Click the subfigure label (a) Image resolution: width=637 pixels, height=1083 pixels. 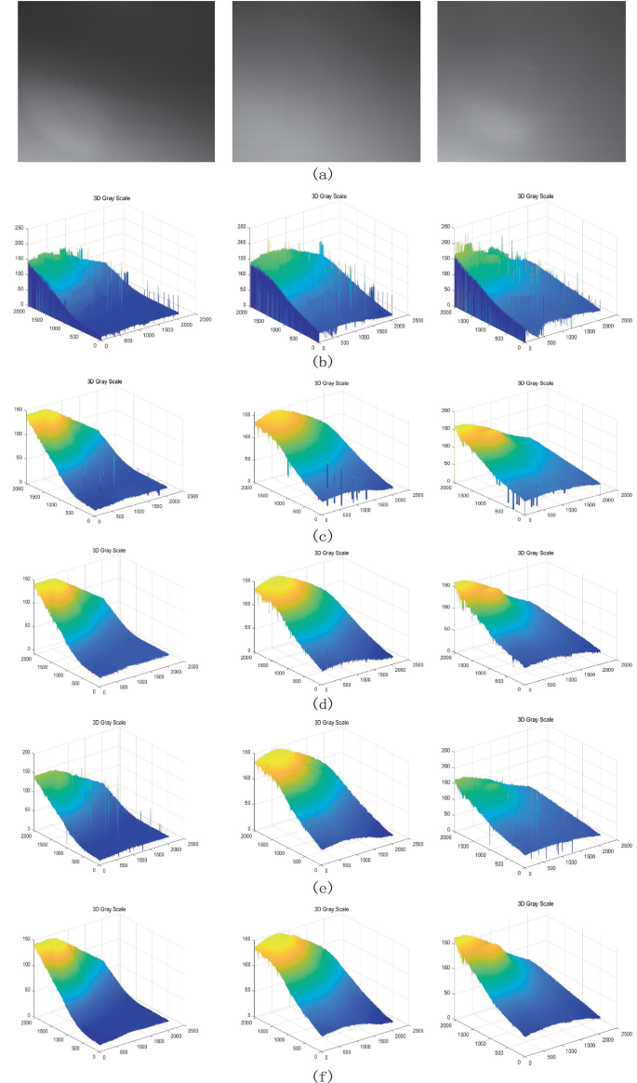point(321,174)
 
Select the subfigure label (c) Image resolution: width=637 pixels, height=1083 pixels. point(321,534)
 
